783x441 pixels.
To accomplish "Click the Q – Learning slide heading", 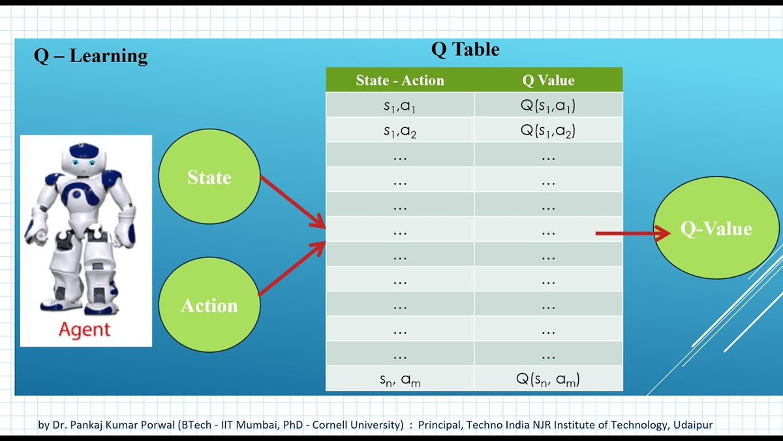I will pos(91,56).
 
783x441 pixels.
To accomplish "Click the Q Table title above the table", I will pos(465,50).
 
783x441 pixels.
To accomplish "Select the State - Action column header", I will pos(399,80).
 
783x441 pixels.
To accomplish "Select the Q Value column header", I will pos(548,80).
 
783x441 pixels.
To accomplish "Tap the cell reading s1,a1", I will pos(399,105).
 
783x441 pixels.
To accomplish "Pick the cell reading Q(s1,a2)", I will pos(548,130).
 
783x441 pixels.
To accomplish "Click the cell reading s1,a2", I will pos(399,130).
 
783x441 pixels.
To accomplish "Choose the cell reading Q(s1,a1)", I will pos(548,105).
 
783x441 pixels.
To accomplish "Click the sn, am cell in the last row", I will pos(399,379).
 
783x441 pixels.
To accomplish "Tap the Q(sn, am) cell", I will pos(548,379).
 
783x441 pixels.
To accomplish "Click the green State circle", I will pos(209,178).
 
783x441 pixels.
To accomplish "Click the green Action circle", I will pos(209,305).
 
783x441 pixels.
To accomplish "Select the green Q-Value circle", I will pos(716,229).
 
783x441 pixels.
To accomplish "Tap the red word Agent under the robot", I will pos(85,329).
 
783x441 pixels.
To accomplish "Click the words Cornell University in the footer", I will pos(363,425).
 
